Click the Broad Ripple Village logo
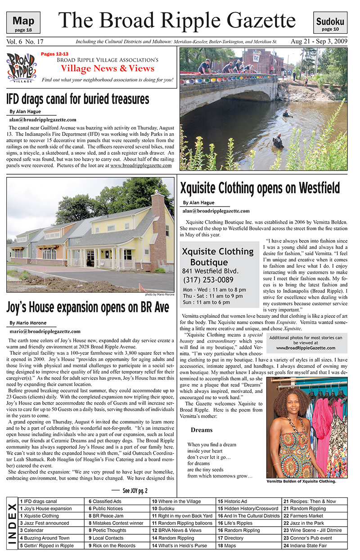point(22,68)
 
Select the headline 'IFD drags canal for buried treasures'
point(78,99)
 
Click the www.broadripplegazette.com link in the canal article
point(141,165)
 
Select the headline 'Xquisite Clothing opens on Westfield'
point(260,187)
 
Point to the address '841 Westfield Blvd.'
point(210,271)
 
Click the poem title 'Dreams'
point(202,430)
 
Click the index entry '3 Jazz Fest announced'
point(45,523)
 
